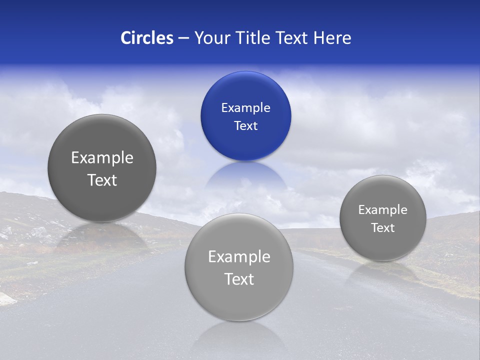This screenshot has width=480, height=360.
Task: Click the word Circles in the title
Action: click(x=146, y=38)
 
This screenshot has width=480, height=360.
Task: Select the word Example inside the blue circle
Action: click(x=245, y=108)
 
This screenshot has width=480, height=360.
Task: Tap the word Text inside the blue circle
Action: click(x=245, y=126)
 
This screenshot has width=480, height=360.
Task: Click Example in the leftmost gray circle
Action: click(x=102, y=158)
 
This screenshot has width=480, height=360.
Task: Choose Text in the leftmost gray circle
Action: click(x=102, y=180)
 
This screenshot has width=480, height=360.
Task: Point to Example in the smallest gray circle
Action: click(x=382, y=210)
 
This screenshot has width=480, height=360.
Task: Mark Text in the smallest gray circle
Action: click(x=382, y=228)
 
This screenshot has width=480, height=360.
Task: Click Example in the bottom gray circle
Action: click(x=239, y=257)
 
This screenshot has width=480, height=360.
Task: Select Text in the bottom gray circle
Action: click(x=239, y=279)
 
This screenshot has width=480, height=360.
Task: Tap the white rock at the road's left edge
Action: click(x=7, y=299)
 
